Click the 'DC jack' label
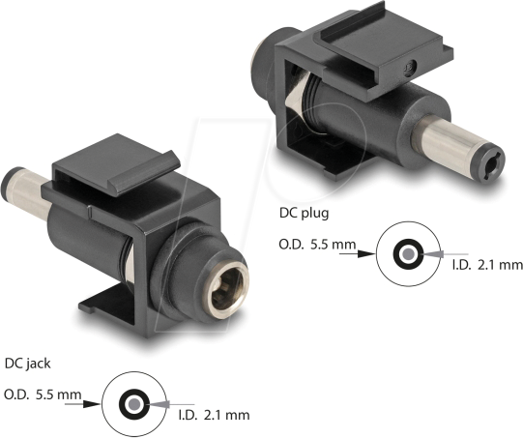[x=30, y=364]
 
